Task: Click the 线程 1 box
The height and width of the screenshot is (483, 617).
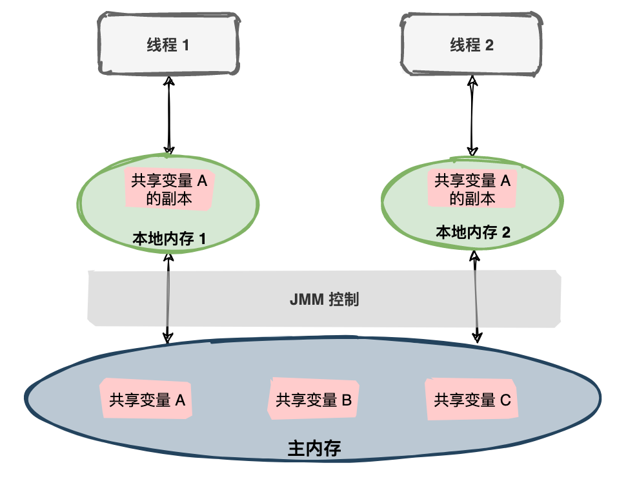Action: coord(167,45)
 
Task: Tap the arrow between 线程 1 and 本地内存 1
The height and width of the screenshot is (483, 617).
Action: coord(169,116)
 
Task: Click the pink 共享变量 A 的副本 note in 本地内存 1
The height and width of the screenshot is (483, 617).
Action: coord(168,190)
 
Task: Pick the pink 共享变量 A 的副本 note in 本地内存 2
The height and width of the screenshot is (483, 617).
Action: coord(472,190)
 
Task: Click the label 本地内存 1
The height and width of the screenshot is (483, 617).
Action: coord(168,238)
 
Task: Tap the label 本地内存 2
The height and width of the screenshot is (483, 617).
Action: coord(473,232)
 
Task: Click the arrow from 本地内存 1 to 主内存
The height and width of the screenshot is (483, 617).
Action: coord(168,297)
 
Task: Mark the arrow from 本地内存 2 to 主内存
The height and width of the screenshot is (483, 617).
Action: coord(476,297)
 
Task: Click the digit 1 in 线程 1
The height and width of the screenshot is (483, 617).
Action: coord(186,45)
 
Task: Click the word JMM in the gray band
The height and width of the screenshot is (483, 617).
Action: coord(306,300)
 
